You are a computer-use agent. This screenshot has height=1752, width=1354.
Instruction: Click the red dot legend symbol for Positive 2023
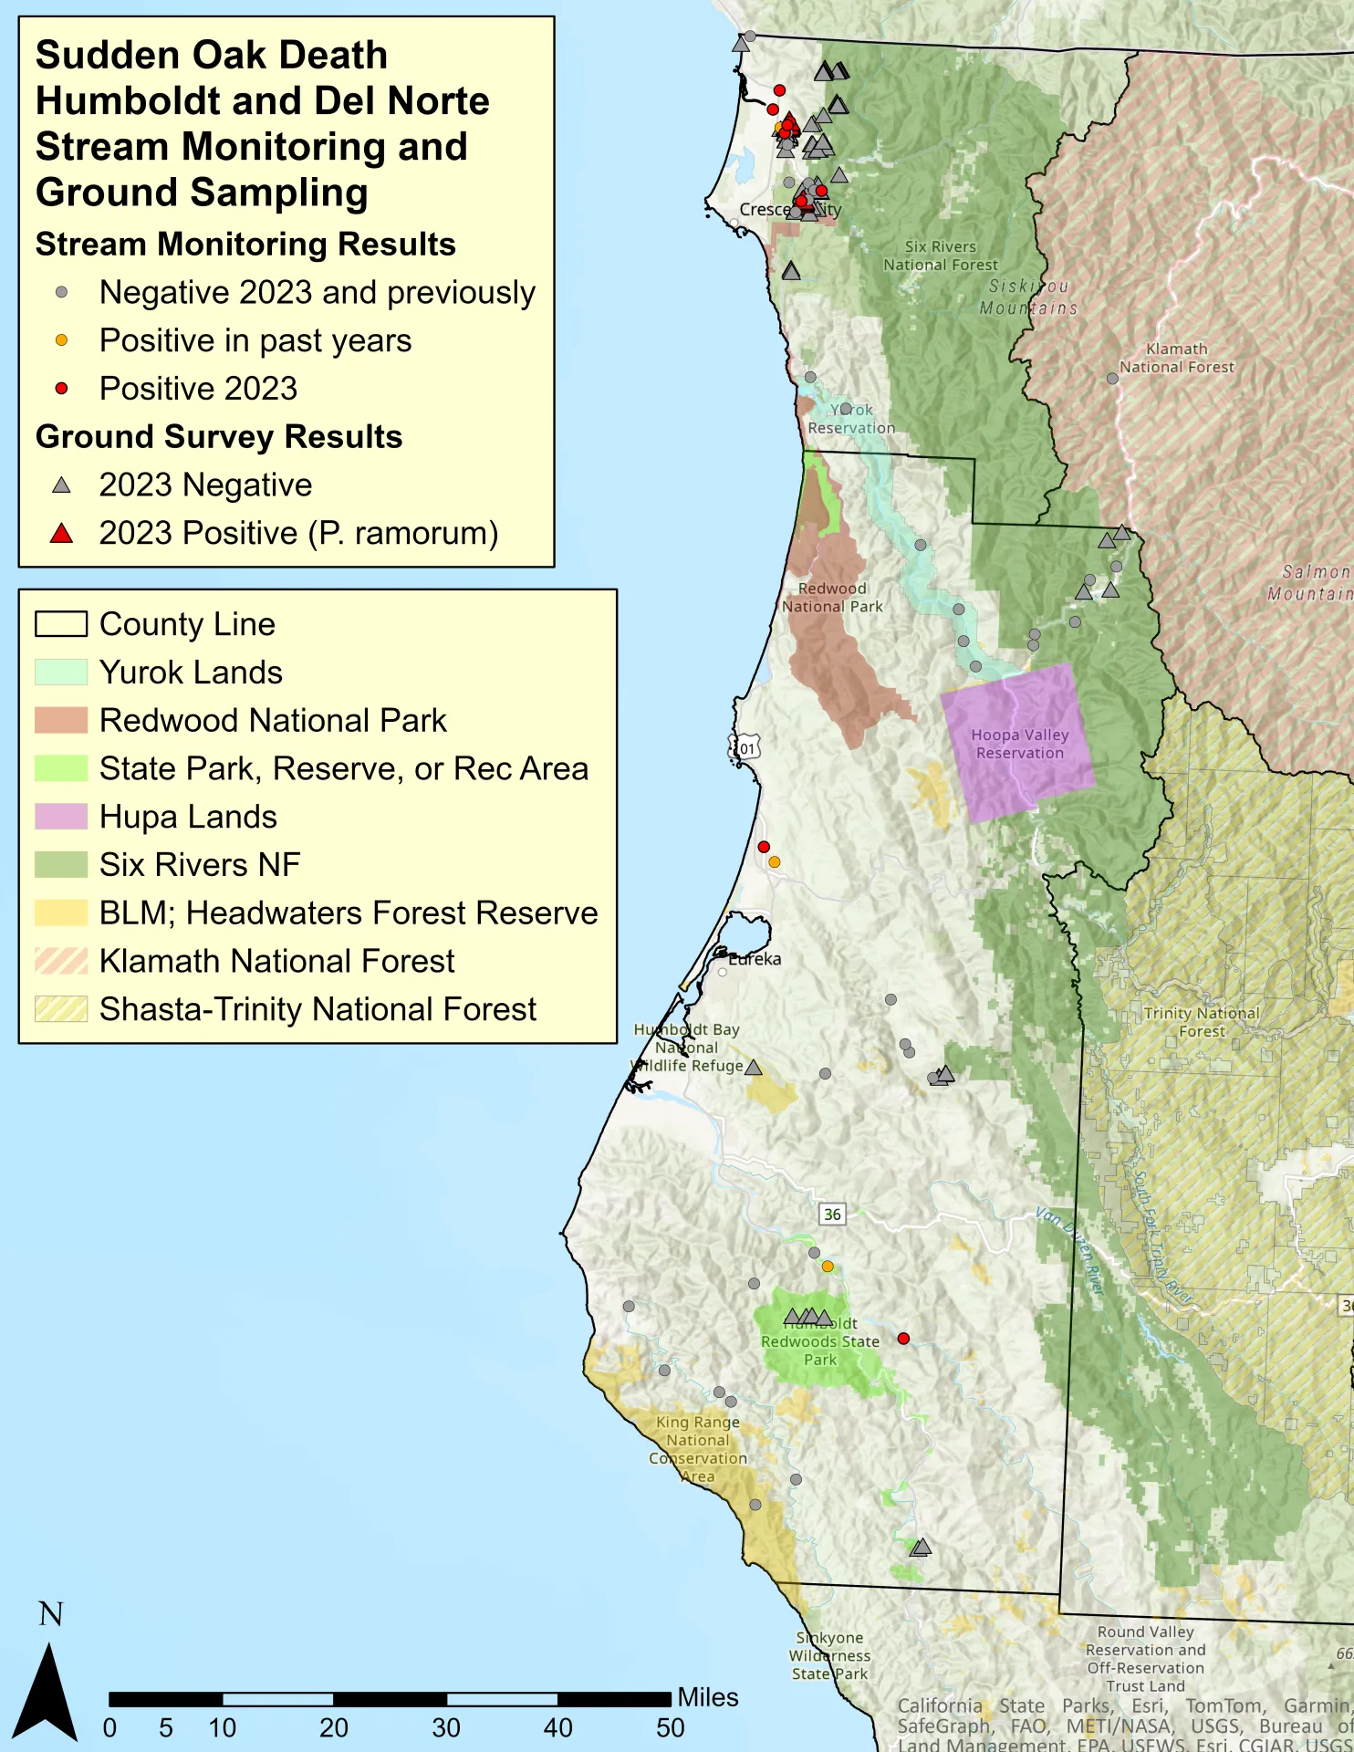(61, 389)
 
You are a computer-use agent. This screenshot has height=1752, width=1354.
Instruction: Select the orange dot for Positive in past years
(61, 340)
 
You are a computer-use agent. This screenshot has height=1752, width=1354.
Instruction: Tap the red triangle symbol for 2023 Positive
(61, 533)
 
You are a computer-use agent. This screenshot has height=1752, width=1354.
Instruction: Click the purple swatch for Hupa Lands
(61, 816)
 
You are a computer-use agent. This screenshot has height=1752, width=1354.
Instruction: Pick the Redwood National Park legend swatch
(61, 720)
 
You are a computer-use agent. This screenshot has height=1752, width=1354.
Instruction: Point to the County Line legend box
(61, 624)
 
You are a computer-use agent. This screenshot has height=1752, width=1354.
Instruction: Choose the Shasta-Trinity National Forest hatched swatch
(61, 1008)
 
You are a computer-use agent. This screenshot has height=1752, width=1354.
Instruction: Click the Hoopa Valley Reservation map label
(1019, 744)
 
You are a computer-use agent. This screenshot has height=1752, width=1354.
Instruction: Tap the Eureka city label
(755, 959)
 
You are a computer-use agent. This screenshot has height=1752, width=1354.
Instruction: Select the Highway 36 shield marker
(832, 1215)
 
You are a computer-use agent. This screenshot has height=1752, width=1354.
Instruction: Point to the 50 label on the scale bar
(670, 1727)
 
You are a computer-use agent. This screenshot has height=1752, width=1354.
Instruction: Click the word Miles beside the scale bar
(708, 1697)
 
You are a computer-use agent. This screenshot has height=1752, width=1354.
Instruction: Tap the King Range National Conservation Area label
(698, 1448)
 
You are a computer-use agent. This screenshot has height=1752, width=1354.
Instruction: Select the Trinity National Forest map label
(1202, 1022)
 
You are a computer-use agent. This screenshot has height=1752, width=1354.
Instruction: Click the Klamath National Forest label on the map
(1177, 358)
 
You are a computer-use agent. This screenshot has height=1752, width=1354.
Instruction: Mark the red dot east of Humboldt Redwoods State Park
(903, 1339)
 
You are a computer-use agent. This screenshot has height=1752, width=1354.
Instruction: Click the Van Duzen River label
(1070, 1250)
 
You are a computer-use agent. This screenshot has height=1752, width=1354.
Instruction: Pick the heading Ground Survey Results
(219, 437)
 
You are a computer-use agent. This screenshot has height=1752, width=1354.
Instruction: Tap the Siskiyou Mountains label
(1028, 297)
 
